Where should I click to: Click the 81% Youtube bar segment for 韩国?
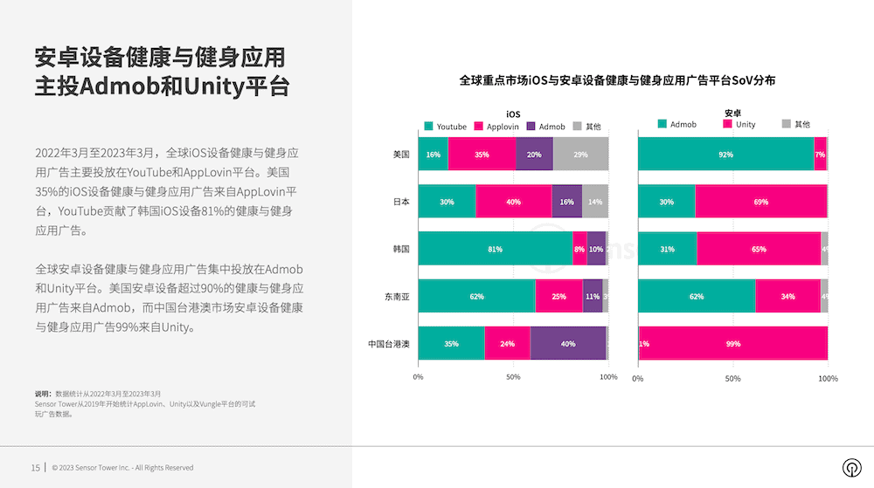point(495,249)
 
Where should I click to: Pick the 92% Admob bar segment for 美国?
point(725,155)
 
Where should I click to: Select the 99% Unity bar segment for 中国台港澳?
point(734,343)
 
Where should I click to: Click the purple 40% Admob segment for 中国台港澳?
point(568,343)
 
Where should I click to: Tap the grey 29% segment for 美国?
point(580,155)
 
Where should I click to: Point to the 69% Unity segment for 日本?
point(760,202)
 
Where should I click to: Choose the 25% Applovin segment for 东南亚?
point(558,296)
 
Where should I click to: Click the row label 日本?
point(401,202)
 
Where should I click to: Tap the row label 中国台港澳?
point(389,343)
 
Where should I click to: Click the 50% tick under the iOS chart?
point(513,377)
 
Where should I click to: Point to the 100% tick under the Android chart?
point(828,378)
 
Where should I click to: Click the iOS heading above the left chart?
point(513,113)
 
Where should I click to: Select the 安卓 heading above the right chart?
point(732,113)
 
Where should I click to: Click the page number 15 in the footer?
point(36,467)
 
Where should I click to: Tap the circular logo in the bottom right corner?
point(849,466)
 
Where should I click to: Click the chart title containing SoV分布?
point(617,80)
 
